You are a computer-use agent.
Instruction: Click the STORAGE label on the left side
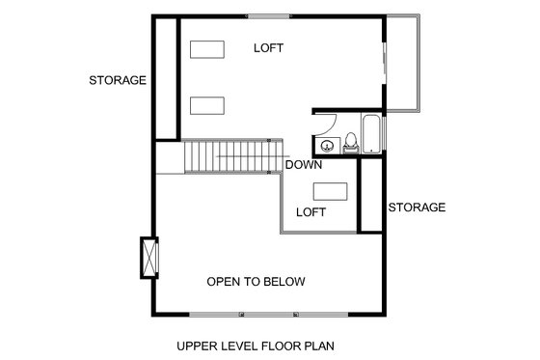(117, 80)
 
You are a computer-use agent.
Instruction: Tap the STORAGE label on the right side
(416, 208)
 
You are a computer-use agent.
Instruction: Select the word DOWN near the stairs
(305, 164)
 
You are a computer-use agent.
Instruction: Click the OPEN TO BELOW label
(256, 282)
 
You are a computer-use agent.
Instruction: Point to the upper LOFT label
(270, 47)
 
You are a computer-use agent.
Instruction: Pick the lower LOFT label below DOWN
(310, 211)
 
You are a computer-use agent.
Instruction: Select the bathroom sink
(328, 146)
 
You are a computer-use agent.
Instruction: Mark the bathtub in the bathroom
(372, 134)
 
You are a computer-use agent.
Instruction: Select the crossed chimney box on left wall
(148, 258)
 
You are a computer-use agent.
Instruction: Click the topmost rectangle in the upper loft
(207, 49)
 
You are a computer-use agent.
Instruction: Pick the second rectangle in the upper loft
(207, 104)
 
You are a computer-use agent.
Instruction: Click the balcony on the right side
(403, 64)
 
